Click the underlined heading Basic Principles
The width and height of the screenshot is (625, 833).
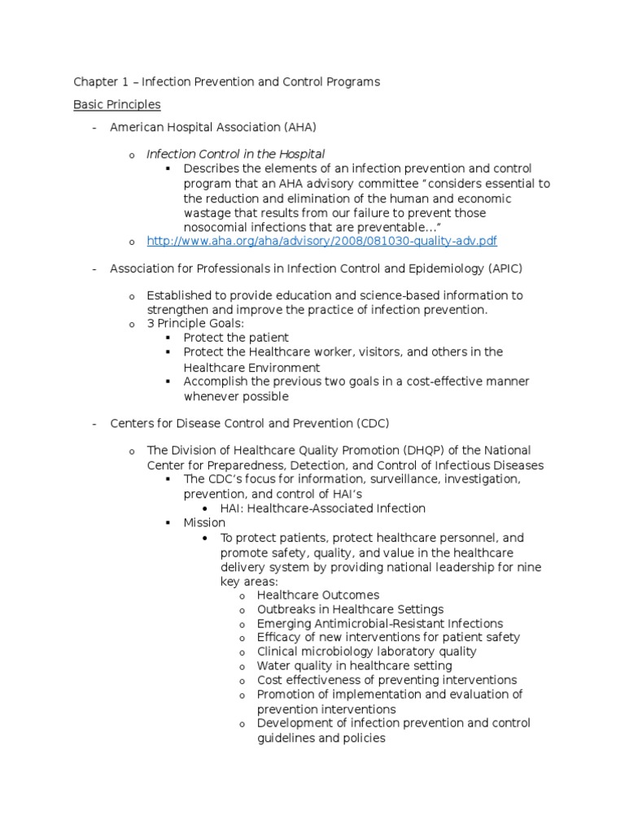click(116, 105)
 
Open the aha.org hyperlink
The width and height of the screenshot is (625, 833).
click(321, 242)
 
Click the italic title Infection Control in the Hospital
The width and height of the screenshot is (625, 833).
click(235, 154)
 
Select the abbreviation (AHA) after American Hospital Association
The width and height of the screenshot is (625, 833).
click(299, 127)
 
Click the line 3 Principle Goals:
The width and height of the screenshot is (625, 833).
click(194, 323)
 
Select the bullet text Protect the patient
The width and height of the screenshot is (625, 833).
click(236, 338)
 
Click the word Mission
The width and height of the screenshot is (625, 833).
click(204, 523)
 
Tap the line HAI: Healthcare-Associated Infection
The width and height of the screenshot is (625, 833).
click(322, 508)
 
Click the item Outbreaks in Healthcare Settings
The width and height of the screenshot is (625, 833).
click(350, 609)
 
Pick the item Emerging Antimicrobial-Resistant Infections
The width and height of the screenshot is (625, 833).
click(379, 624)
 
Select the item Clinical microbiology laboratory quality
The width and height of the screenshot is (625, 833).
click(366, 652)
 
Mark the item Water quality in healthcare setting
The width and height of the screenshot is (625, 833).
click(354, 666)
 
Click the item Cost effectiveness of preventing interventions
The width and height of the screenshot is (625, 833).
click(387, 680)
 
